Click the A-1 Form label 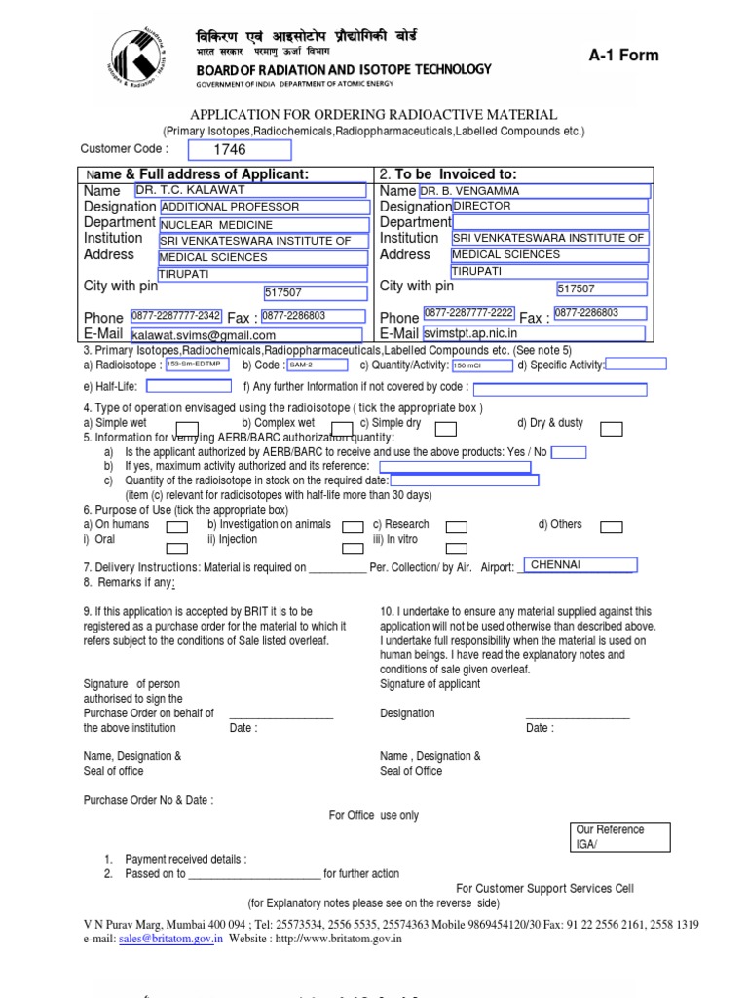coord(623,56)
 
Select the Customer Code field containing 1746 coord(239,150)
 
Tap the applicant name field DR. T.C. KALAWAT coord(250,191)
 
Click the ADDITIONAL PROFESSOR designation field coord(264,207)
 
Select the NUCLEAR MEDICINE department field coord(264,223)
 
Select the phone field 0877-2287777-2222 coord(468,314)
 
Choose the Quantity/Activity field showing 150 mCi coord(481,365)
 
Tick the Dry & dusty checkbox coord(612,429)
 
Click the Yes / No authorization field coord(569,452)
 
